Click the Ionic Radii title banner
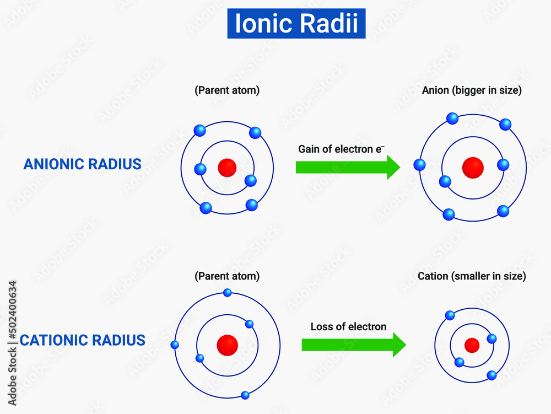pyautogui.click(x=296, y=24)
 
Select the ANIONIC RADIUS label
pyautogui.click(x=83, y=164)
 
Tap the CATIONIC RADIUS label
pyautogui.click(x=83, y=340)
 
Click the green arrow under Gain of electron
pyautogui.click(x=348, y=167)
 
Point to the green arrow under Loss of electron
pyautogui.click(x=353, y=345)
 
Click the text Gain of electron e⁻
pyautogui.click(x=341, y=149)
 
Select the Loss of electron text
pyautogui.click(x=348, y=326)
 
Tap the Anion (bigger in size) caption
pyautogui.click(x=472, y=90)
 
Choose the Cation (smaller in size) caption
pyautogui.click(x=472, y=276)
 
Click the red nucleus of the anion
pyautogui.click(x=472, y=167)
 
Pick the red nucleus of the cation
pyautogui.click(x=472, y=345)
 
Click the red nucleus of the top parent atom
pyautogui.click(x=227, y=167)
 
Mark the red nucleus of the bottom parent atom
pyautogui.click(x=227, y=345)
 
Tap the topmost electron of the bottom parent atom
pyautogui.click(x=227, y=293)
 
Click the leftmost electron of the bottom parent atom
pyautogui.click(x=175, y=345)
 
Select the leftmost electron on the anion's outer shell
pyautogui.click(x=420, y=164)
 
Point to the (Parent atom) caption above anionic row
pyautogui.click(x=227, y=90)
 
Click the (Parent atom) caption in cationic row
pyautogui.click(x=227, y=276)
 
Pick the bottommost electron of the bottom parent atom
pyautogui.click(x=245, y=395)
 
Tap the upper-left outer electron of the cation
pyautogui.click(x=450, y=315)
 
